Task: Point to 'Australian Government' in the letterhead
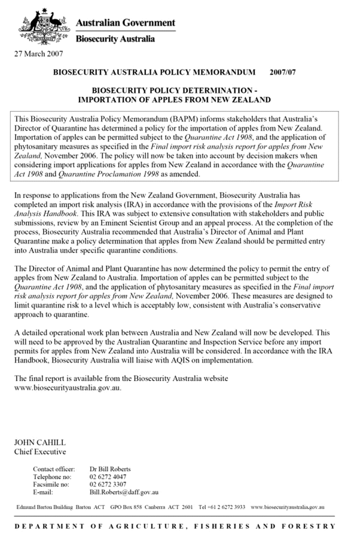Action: tap(126, 23)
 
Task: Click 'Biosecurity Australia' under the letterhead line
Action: tap(115, 39)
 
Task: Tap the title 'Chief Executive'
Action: tap(40, 452)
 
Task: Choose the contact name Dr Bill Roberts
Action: tap(110, 469)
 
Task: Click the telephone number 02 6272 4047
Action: tap(109, 477)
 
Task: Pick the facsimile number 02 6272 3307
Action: tap(109, 485)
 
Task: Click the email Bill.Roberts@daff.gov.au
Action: tap(124, 492)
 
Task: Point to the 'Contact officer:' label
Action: tap(54, 469)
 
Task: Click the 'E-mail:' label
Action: tap(43, 492)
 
